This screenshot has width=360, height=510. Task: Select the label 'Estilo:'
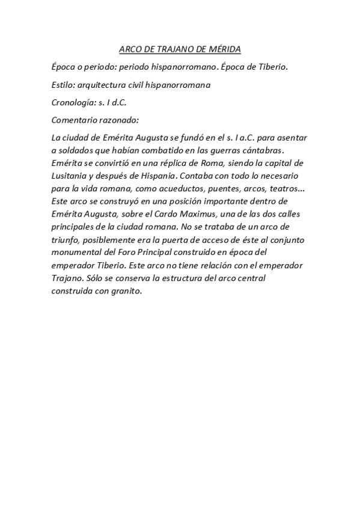(64, 85)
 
